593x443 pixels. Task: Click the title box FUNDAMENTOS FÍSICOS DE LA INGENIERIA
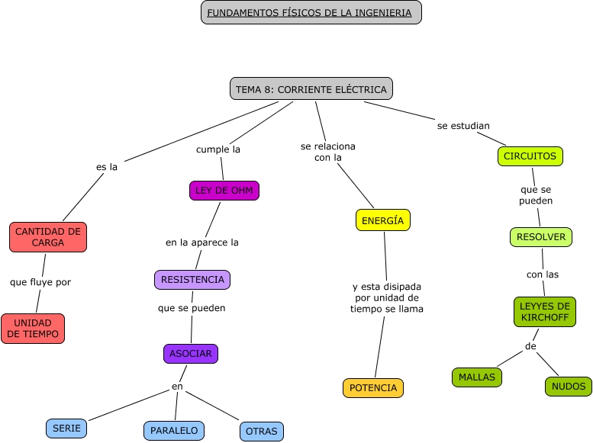tap(311, 13)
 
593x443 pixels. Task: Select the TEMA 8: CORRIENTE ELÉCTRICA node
tap(311, 89)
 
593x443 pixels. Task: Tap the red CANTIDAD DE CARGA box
tap(48, 237)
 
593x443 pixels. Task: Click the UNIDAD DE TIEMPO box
tap(33, 329)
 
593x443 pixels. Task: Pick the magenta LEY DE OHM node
tap(224, 191)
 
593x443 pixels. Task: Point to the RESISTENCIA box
tap(192, 280)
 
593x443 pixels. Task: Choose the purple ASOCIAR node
tap(191, 354)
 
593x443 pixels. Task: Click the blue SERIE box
tap(66, 429)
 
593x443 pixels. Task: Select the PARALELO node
tap(174, 431)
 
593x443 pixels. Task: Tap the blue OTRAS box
tap(262, 431)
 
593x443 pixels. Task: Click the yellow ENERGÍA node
tap(383, 220)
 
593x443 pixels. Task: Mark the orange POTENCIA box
tap(373, 388)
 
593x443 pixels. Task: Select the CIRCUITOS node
tap(530, 156)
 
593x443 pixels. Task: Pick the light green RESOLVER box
tap(541, 237)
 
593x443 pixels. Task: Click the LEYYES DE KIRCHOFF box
tap(545, 312)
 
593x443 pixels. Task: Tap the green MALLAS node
tap(477, 377)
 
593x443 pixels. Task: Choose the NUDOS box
tap(569, 387)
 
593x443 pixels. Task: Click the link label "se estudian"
tap(463, 125)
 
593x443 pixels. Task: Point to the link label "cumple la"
tap(218, 149)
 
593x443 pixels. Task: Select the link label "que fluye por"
tap(40, 282)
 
